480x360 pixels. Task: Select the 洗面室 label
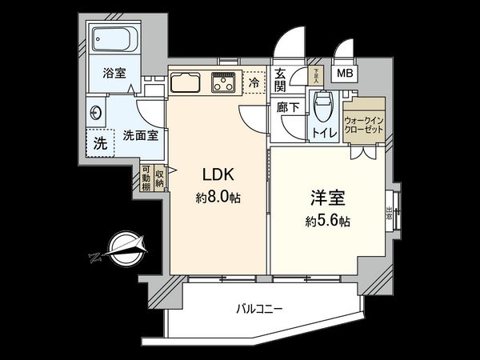[140, 135]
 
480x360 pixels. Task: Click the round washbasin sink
[96, 113]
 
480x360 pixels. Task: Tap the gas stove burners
[222, 81]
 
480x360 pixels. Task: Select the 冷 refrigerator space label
[254, 82]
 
